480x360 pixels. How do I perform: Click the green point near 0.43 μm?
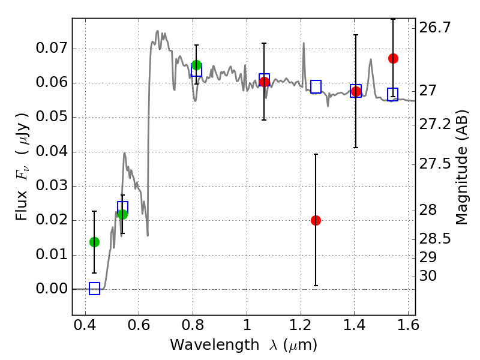point(94,242)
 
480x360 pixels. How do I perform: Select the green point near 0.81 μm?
point(196,65)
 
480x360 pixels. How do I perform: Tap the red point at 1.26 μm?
point(316,220)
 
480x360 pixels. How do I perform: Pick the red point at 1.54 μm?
point(393,58)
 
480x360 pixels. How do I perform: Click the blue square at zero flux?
point(94,289)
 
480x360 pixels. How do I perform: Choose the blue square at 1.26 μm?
point(316,86)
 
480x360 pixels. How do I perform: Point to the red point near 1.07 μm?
point(264,82)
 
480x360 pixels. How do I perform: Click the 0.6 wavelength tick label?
point(139,327)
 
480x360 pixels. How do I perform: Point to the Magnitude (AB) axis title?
point(461,167)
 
